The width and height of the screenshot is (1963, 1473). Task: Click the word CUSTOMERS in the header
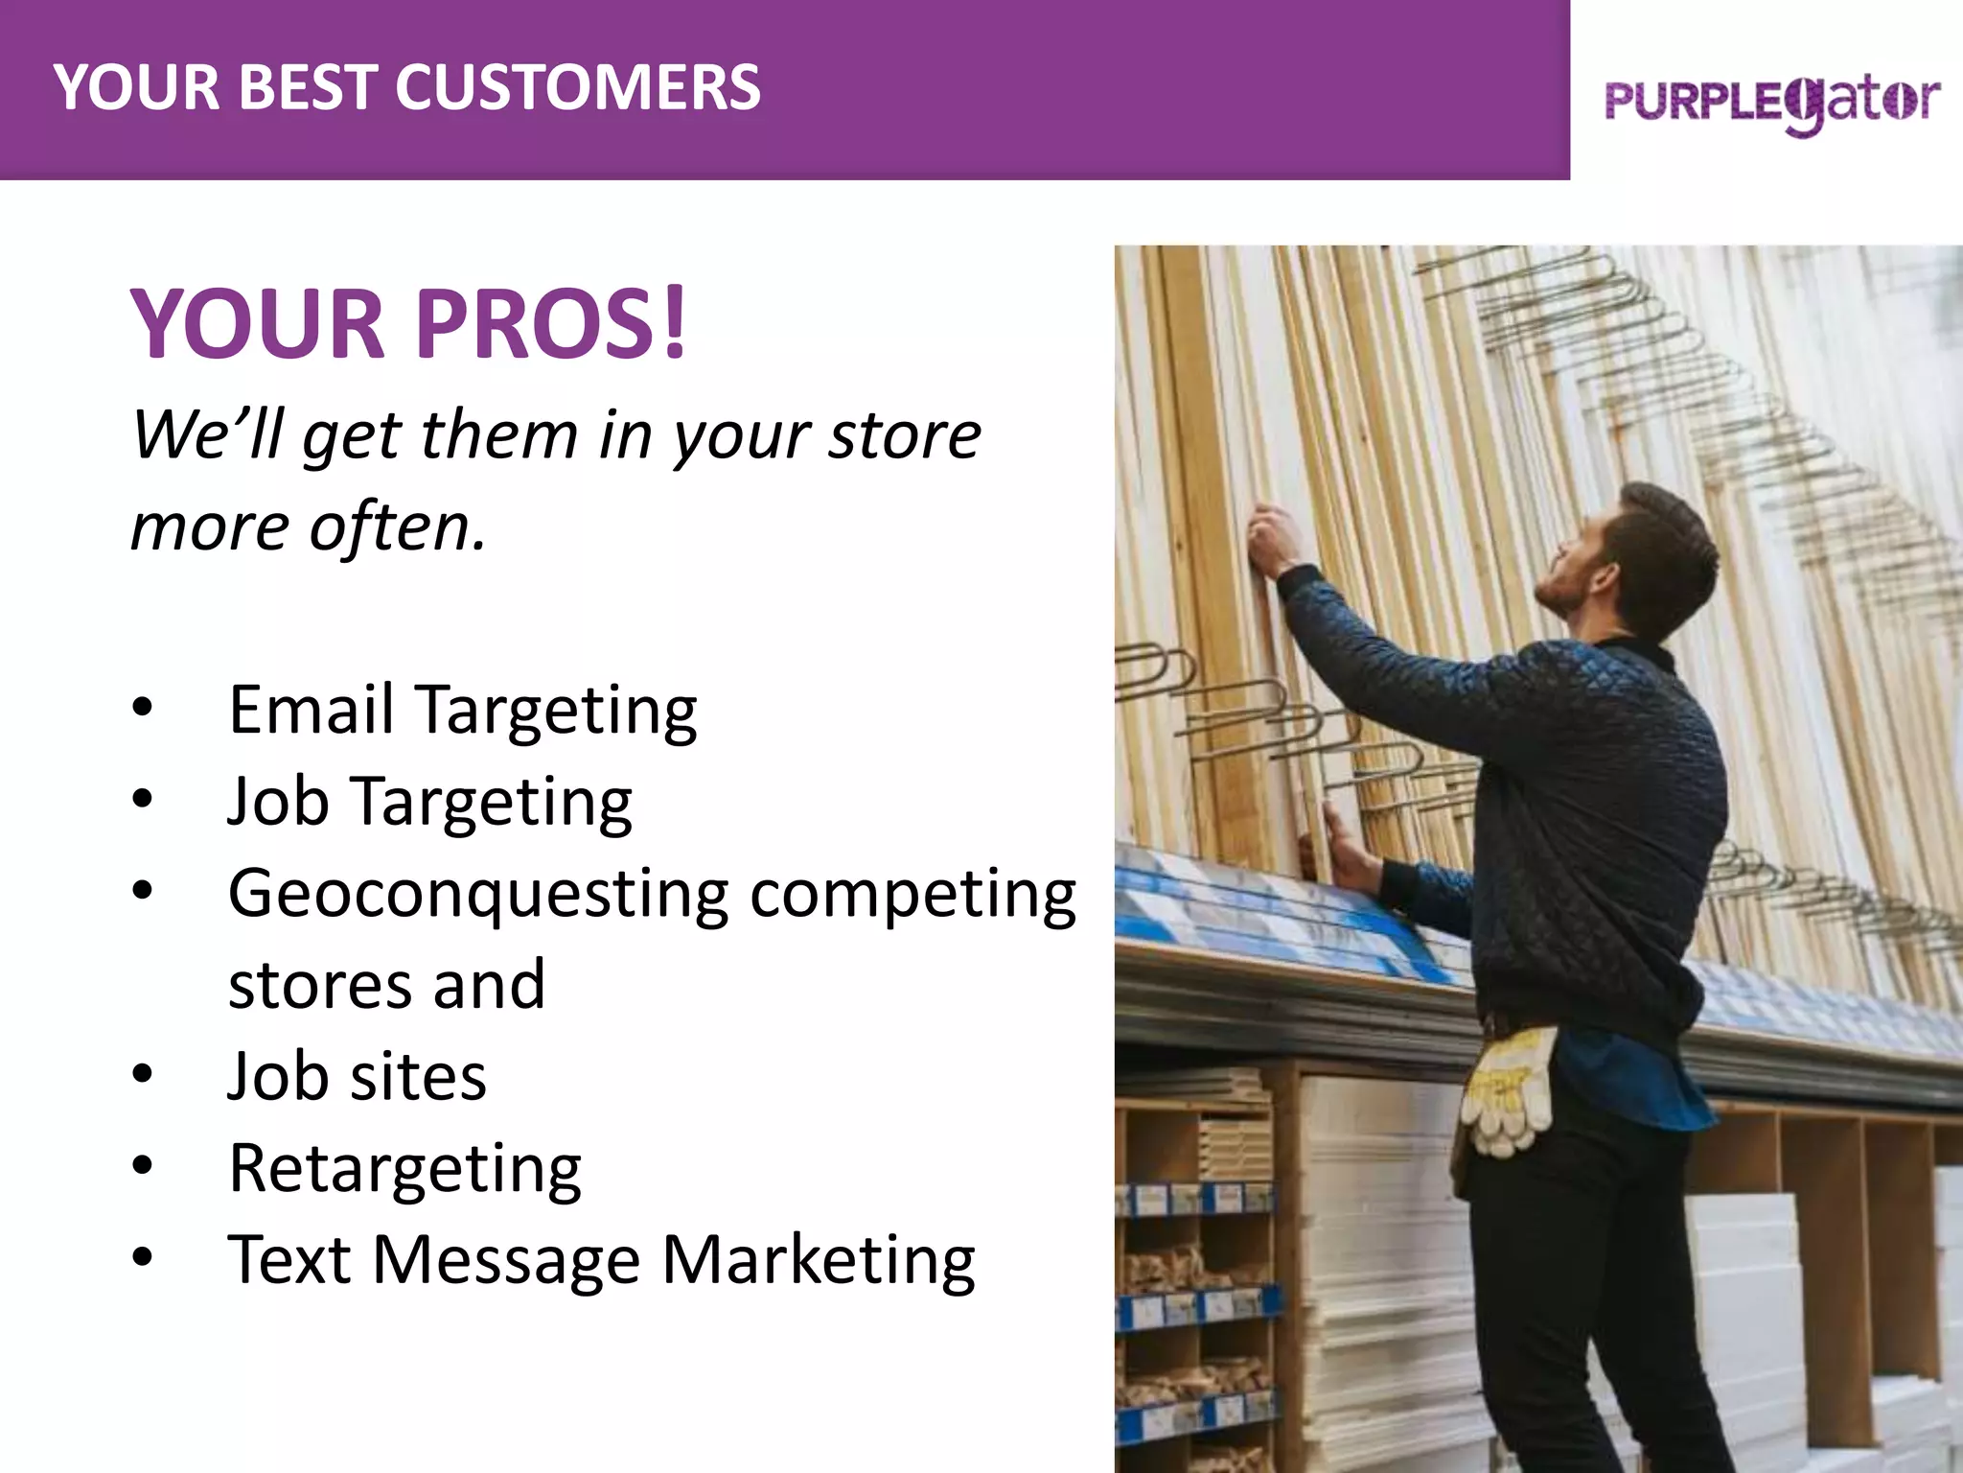tap(577, 87)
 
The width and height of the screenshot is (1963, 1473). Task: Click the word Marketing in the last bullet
tap(818, 1260)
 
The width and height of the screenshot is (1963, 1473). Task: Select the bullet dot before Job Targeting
tap(143, 800)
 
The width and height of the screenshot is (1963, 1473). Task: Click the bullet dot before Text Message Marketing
tap(143, 1258)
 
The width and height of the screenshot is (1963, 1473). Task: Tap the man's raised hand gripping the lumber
tap(1272, 539)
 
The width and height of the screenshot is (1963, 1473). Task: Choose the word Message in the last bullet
tap(505, 1260)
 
